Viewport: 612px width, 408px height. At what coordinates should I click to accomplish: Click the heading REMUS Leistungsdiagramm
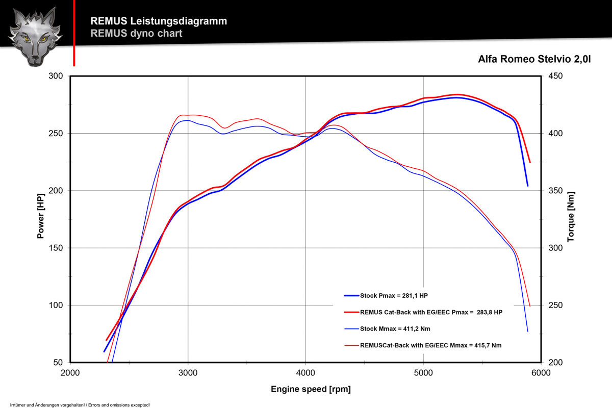tap(159, 21)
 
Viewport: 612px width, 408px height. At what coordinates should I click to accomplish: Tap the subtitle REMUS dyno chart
tap(136, 34)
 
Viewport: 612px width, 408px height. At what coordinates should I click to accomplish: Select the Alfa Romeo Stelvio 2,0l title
tap(534, 59)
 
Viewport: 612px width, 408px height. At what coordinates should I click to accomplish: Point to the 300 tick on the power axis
tap(56, 76)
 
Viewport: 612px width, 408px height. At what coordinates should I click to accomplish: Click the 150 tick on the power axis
tap(56, 248)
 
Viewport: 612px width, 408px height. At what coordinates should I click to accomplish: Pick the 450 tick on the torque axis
tap(554, 76)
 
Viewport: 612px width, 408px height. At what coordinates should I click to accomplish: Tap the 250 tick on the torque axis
tap(554, 305)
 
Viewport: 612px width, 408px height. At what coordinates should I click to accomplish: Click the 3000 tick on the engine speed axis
tap(188, 373)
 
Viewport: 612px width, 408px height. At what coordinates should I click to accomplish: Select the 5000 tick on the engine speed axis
tap(423, 373)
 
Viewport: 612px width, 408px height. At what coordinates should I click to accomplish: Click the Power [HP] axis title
tap(40, 219)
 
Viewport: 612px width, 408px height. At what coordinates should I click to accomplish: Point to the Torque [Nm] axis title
tap(571, 219)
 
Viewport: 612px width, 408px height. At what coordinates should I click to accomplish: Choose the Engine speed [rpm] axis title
tap(311, 390)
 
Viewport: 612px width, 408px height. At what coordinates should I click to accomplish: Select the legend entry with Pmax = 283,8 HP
tap(424, 312)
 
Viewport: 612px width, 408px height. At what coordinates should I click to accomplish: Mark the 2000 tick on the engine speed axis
tap(70, 373)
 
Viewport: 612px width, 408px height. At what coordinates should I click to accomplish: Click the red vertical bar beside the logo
tap(74, 33)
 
